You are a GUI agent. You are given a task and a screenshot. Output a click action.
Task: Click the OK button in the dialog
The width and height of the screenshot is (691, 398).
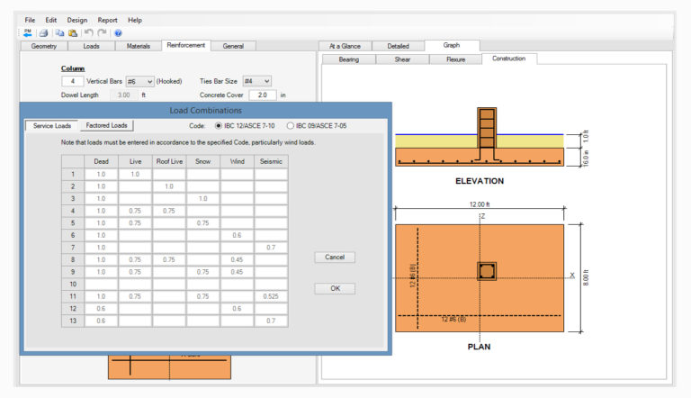[335, 288]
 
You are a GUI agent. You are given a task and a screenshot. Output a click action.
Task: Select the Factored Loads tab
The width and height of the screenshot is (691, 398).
[106, 125]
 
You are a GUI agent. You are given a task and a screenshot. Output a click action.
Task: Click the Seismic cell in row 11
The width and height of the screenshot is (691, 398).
[271, 295]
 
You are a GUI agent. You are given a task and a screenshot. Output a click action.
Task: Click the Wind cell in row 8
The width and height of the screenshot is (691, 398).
[237, 258]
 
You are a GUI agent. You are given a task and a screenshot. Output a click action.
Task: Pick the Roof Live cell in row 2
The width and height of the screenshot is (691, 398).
[168, 186]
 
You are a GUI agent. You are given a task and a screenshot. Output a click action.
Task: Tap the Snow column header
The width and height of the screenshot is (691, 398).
[202, 161]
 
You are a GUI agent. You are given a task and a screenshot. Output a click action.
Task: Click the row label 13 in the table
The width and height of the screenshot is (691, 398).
[72, 320]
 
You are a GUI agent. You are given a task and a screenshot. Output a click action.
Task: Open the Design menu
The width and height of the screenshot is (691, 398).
[77, 20]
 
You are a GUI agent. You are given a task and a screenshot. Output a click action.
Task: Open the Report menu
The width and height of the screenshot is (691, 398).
[107, 20]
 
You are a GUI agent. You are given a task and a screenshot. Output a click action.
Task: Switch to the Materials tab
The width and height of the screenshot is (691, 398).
[138, 46]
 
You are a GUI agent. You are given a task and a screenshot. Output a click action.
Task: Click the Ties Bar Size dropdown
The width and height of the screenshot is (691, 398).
[256, 81]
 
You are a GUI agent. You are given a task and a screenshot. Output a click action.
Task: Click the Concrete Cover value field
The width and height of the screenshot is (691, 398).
[263, 95]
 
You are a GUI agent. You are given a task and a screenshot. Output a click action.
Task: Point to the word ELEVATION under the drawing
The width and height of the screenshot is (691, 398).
[479, 181]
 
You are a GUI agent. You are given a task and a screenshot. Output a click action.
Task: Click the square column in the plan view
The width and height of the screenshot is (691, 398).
[486, 271]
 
